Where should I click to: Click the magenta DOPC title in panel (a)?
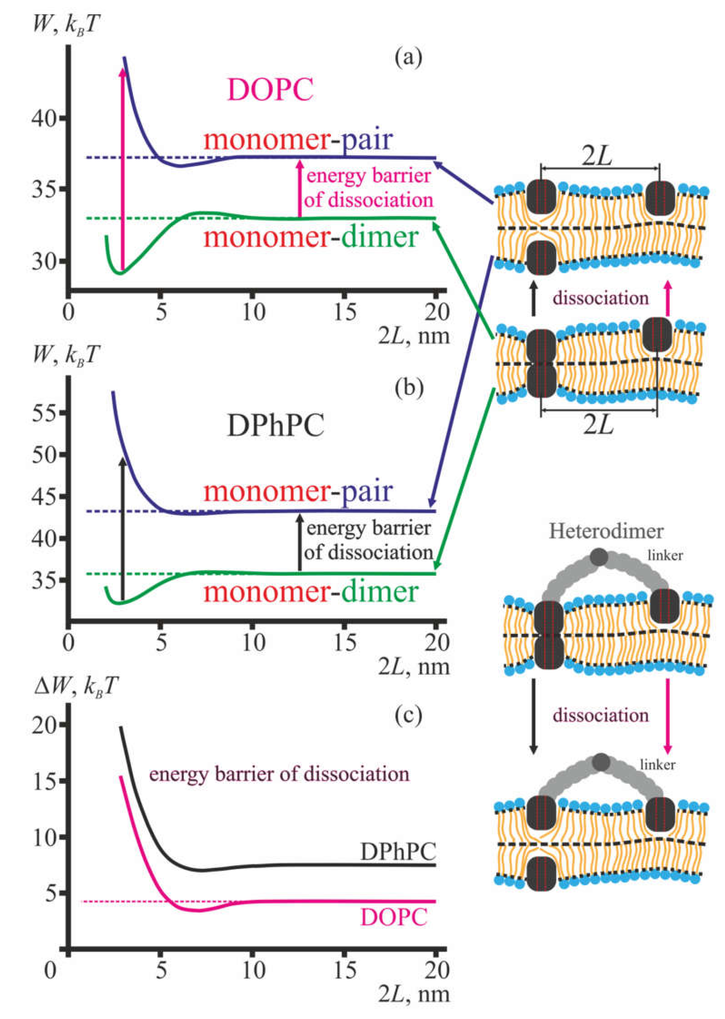271,90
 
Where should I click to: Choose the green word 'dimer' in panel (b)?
380,592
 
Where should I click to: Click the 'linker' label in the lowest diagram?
658,765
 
